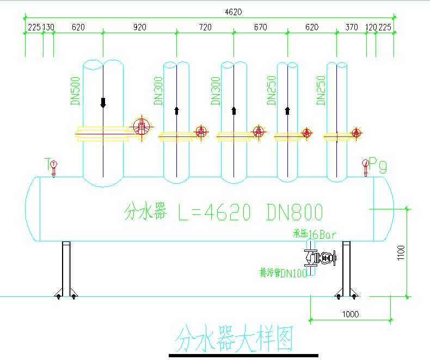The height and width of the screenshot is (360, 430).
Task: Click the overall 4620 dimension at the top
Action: (x=232, y=11)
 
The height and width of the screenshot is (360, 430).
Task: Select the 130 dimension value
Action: (x=48, y=27)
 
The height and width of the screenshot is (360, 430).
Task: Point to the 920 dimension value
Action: (x=139, y=27)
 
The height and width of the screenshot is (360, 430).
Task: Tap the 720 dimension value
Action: (x=205, y=27)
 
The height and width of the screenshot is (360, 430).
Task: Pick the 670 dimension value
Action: (x=260, y=27)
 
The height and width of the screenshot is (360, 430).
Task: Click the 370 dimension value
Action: (x=352, y=27)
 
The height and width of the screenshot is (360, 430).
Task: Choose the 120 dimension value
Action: (x=371, y=27)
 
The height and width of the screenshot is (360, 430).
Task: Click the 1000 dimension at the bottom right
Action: (x=350, y=314)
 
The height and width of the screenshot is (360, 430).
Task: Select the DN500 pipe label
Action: (x=76, y=90)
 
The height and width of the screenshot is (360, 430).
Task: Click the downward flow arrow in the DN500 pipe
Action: (x=103, y=102)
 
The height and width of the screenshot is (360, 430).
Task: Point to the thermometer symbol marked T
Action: (x=53, y=165)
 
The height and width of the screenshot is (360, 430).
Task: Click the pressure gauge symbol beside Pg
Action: (x=365, y=164)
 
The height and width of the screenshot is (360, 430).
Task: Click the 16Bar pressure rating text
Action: (x=322, y=234)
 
